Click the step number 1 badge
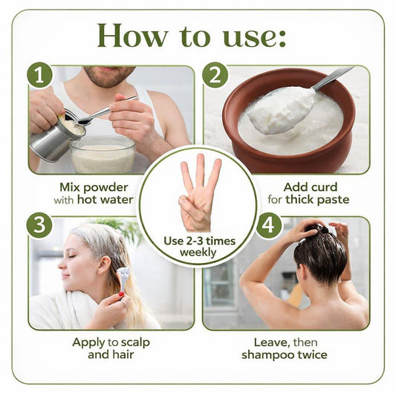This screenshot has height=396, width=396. (39, 75)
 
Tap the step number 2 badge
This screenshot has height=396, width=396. (215, 75)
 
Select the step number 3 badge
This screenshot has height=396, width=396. (39, 225)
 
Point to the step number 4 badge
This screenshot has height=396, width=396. (269, 225)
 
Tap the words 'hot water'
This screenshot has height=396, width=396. (105, 200)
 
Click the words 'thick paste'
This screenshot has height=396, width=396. (317, 200)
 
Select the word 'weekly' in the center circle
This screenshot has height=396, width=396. (198, 253)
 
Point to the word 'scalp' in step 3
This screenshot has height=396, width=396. (135, 343)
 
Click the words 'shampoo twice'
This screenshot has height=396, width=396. (285, 355)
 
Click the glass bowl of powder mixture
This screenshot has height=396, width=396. (103, 155)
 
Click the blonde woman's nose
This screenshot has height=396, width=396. (62, 265)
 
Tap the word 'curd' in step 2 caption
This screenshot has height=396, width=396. (325, 187)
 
